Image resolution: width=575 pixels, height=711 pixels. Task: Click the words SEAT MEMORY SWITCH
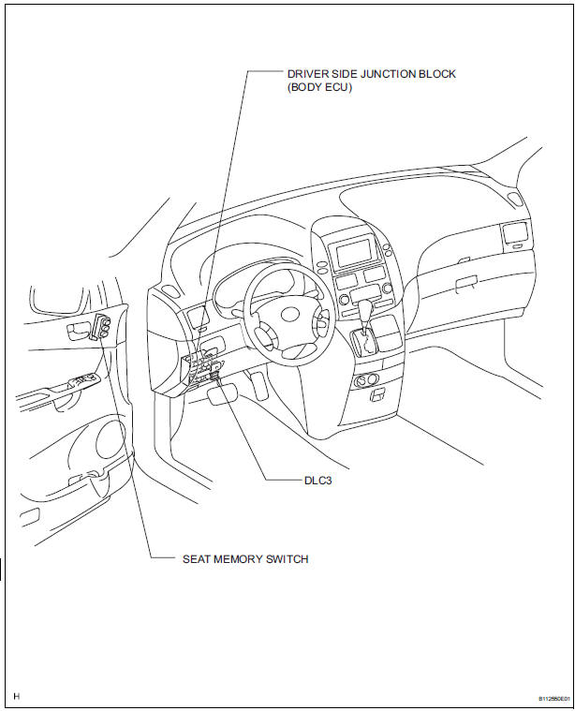[245, 559]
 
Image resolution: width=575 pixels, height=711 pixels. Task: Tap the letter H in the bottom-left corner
[17, 697]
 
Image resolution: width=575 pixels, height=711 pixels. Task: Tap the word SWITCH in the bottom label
[286, 559]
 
